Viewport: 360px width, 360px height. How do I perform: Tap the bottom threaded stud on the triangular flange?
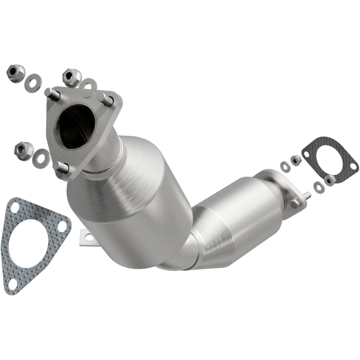[62, 168]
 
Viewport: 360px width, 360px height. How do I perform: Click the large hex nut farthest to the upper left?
[16, 73]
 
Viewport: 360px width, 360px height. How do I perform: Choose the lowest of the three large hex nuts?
[23, 149]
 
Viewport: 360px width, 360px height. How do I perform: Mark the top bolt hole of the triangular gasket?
[15, 207]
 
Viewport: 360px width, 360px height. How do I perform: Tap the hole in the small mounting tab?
[88, 237]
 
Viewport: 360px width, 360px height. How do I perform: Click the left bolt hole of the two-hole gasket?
[307, 154]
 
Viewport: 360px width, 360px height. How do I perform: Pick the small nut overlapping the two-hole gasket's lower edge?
[330, 179]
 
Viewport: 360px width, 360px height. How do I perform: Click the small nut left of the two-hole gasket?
[296, 159]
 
